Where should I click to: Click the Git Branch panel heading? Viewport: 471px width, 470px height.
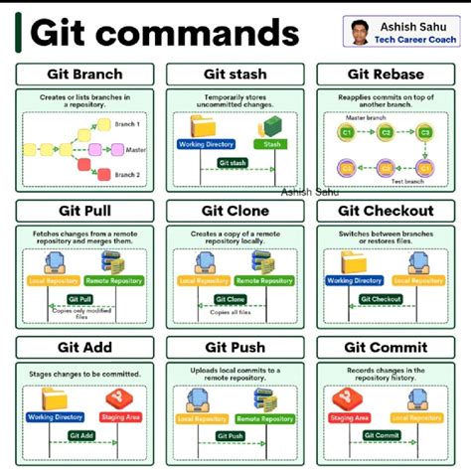(x=84, y=75)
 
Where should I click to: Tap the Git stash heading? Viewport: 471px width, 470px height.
(x=235, y=75)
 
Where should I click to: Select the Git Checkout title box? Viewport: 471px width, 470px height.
(x=386, y=211)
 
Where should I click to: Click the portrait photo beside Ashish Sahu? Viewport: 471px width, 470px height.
(x=359, y=31)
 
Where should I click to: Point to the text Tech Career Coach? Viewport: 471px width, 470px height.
(x=412, y=40)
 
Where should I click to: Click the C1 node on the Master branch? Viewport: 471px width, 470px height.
(x=348, y=132)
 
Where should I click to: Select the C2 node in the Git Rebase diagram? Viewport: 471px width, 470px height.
(x=386, y=132)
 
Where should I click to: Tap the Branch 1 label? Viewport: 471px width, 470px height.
(x=126, y=125)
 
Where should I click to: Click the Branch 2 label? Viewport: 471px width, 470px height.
(x=126, y=174)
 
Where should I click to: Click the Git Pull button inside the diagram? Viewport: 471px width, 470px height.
(x=80, y=298)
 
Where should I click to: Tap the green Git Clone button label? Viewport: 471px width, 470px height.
(x=230, y=298)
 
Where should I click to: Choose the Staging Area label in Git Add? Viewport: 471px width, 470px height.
(x=121, y=417)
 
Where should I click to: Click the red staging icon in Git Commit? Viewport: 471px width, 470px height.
(x=348, y=399)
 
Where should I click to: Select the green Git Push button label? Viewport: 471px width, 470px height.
(x=230, y=435)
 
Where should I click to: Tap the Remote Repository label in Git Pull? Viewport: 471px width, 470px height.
(x=114, y=281)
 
